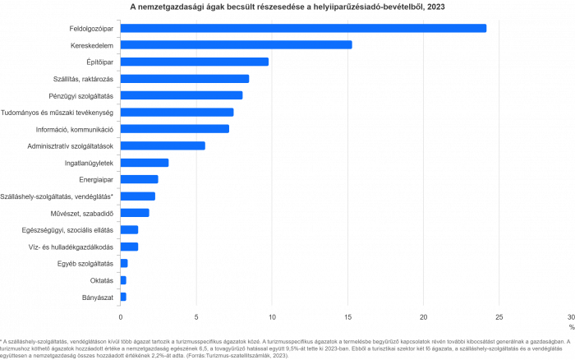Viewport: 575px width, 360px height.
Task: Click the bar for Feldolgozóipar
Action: (303, 28)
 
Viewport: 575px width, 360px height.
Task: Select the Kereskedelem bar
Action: (236, 44)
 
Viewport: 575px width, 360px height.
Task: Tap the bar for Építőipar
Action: (194, 62)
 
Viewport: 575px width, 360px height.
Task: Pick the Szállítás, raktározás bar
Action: (184, 79)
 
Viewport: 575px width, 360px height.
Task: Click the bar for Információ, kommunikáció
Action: (174, 129)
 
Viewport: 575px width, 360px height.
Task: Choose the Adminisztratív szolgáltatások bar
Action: (163, 145)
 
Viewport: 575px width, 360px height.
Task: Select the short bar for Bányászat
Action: (123, 297)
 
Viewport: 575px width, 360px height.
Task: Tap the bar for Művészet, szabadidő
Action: (135, 213)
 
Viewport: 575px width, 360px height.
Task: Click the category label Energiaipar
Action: (96, 179)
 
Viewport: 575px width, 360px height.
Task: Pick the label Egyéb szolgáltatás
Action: (90, 263)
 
